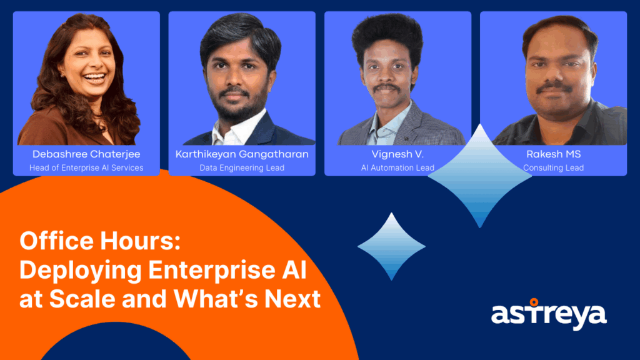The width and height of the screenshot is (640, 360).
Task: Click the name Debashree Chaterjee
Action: [x=86, y=154]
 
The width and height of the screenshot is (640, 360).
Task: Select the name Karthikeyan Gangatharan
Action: [x=242, y=154]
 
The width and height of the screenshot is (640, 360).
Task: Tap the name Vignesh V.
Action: [x=397, y=154]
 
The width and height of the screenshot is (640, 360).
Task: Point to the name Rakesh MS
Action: [x=554, y=154]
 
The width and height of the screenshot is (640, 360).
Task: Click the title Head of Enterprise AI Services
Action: [x=86, y=167]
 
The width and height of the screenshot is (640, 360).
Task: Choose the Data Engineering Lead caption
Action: [x=242, y=167]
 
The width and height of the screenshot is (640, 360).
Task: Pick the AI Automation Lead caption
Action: [x=397, y=167]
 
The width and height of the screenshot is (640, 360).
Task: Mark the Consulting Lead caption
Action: [x=554, y=167]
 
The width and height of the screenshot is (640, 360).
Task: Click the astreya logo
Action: [x=549, y=315]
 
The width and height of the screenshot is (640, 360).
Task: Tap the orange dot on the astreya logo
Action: [x=534, y=302]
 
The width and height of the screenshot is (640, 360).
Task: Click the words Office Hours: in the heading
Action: [x=100, y=241]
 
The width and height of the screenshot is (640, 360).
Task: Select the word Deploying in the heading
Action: [x=81, y=271]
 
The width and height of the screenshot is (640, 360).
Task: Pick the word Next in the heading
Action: [x=292, y=299]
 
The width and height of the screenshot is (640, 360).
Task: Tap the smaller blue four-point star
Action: [x=391, y=246]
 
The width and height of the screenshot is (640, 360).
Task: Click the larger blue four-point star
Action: [x=479, y=176]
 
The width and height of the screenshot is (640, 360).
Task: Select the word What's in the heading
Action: [x=216, y=299]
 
